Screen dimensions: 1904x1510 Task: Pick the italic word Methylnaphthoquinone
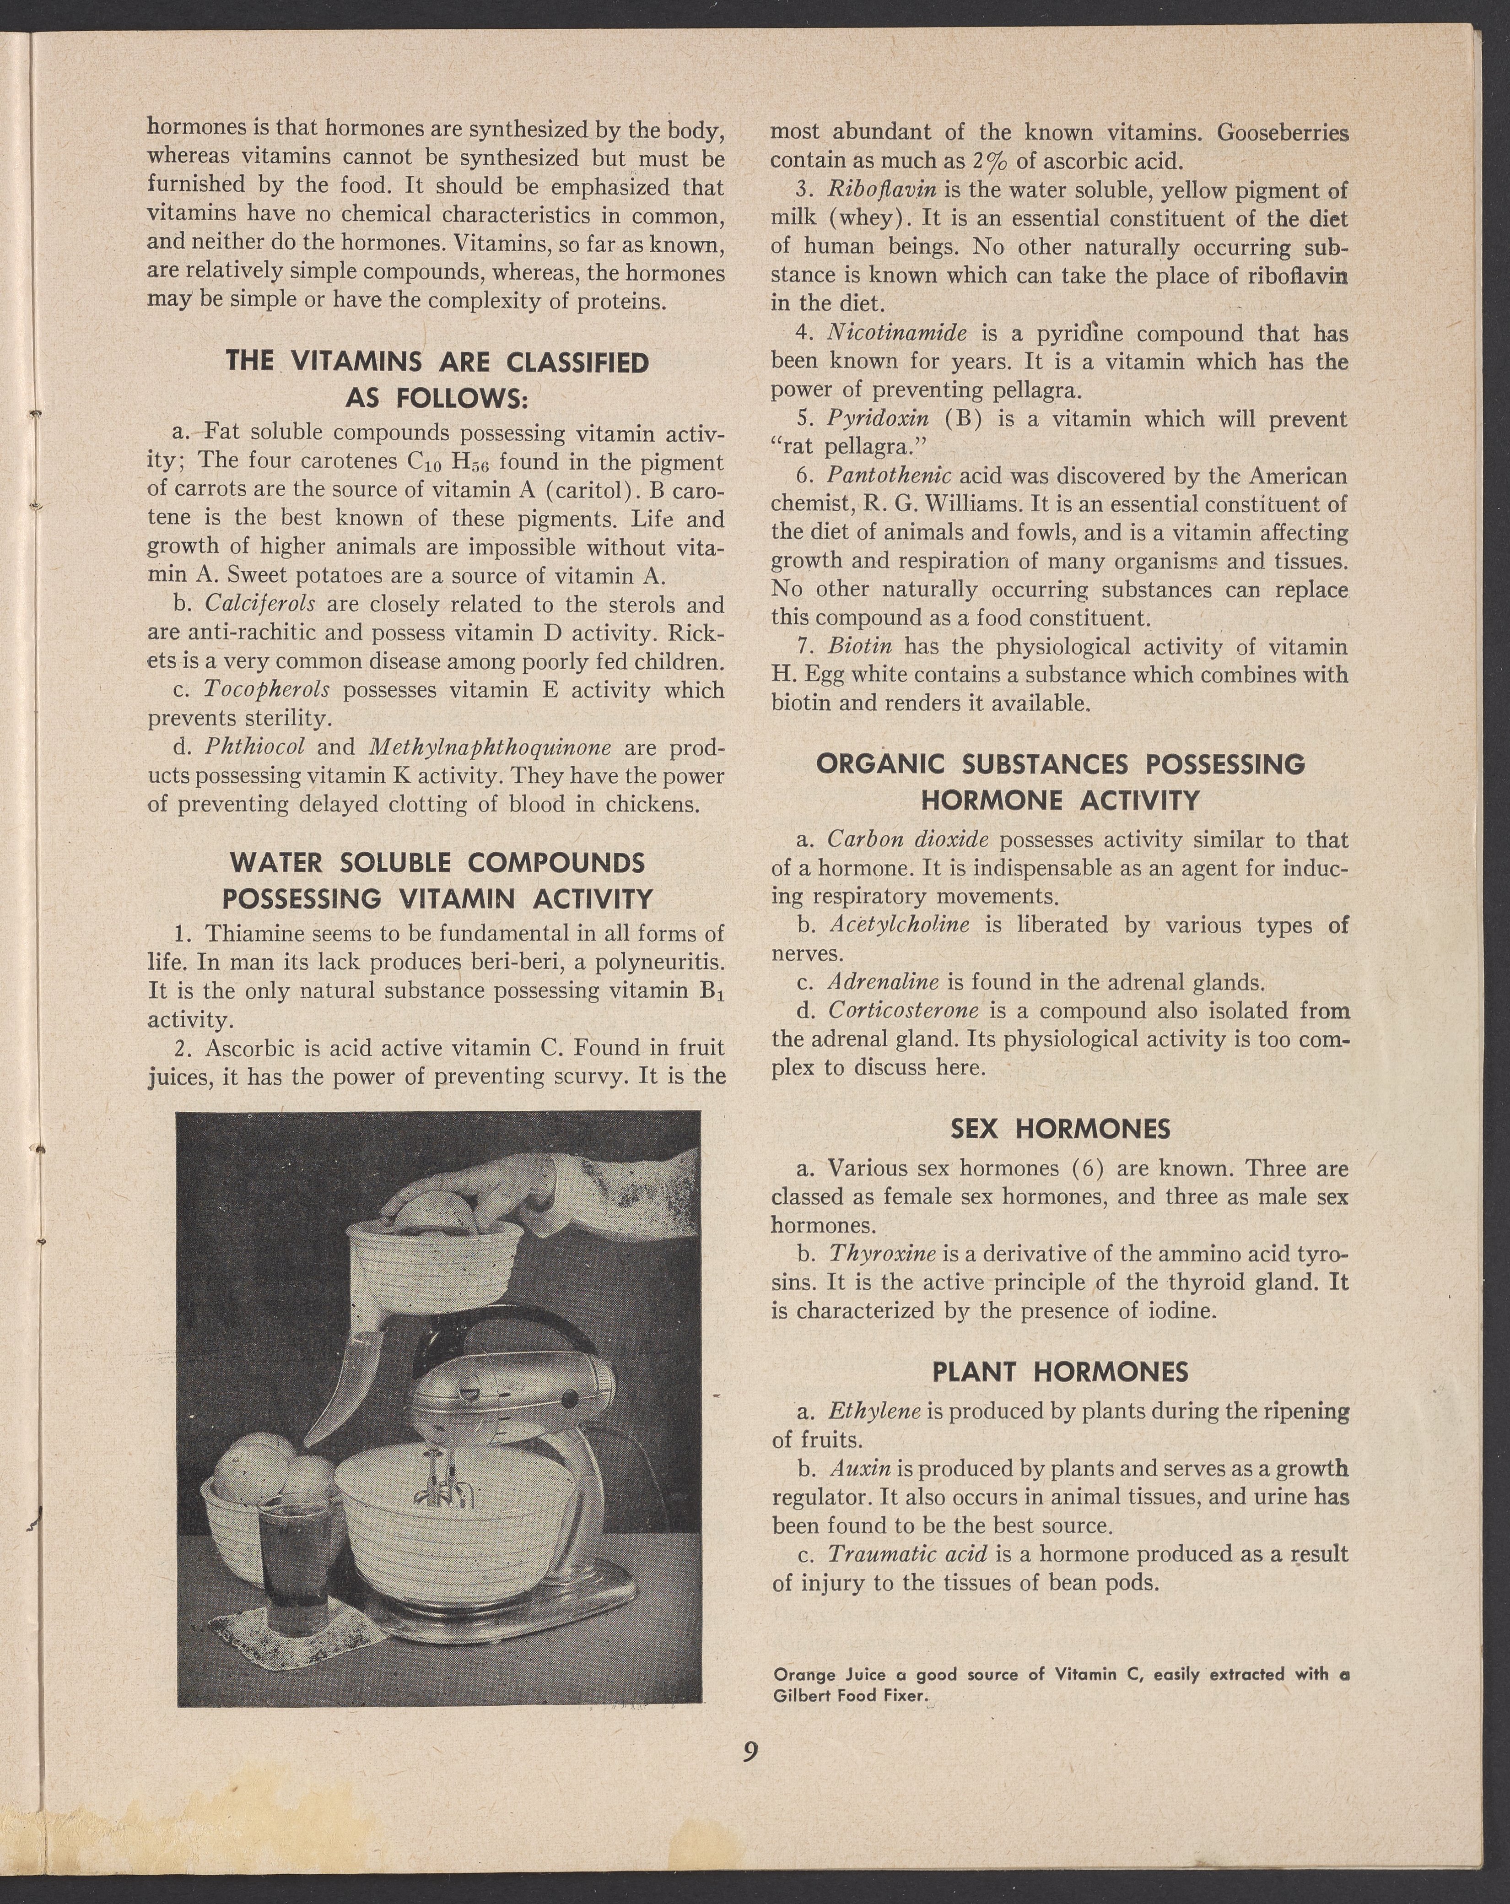click(x=490, y=747)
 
